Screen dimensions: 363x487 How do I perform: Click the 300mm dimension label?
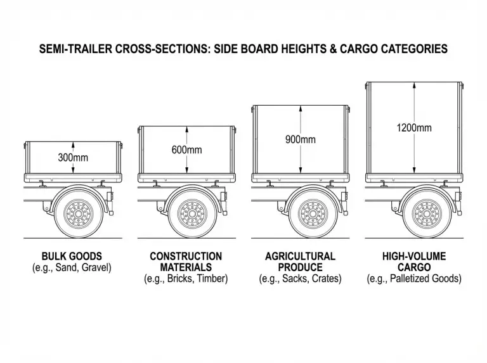[73, 156]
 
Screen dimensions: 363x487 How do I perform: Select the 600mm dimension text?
[186, 150]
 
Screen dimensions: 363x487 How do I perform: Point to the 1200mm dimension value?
[414, 127]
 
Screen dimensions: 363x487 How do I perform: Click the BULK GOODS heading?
[72, 257]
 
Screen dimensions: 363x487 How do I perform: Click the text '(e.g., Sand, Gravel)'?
[72, 267]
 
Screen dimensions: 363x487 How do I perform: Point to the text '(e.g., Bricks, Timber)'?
[186, 279]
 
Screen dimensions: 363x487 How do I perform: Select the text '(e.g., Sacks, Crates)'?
[300, 279]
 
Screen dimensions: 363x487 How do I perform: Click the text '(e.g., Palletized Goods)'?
[414, 279]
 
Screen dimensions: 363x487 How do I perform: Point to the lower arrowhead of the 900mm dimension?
[301, 170]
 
